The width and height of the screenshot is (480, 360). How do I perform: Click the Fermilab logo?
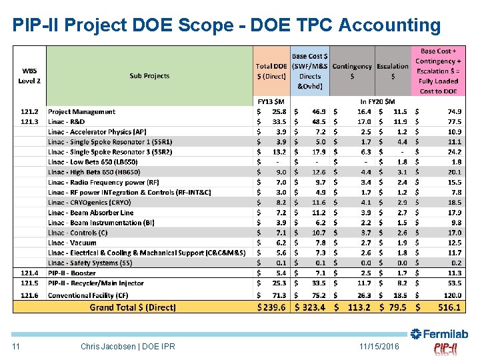pos(439,334)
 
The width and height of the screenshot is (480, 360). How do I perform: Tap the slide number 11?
pos(17,347)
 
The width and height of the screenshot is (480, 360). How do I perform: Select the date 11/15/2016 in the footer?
pos(379,347)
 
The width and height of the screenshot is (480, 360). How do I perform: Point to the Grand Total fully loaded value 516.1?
pos(449,307)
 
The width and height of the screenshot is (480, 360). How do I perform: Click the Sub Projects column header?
pos(149,76)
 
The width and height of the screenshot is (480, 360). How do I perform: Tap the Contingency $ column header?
pos(352,71)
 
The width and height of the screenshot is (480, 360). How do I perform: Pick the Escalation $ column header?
pos(393,71)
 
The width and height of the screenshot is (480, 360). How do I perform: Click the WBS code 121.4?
pos(29,273)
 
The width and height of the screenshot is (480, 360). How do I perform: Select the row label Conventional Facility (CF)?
pos(88,295)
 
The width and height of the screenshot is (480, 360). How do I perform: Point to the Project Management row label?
pos(81,112)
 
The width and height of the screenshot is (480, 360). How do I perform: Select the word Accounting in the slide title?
pos(389,25)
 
